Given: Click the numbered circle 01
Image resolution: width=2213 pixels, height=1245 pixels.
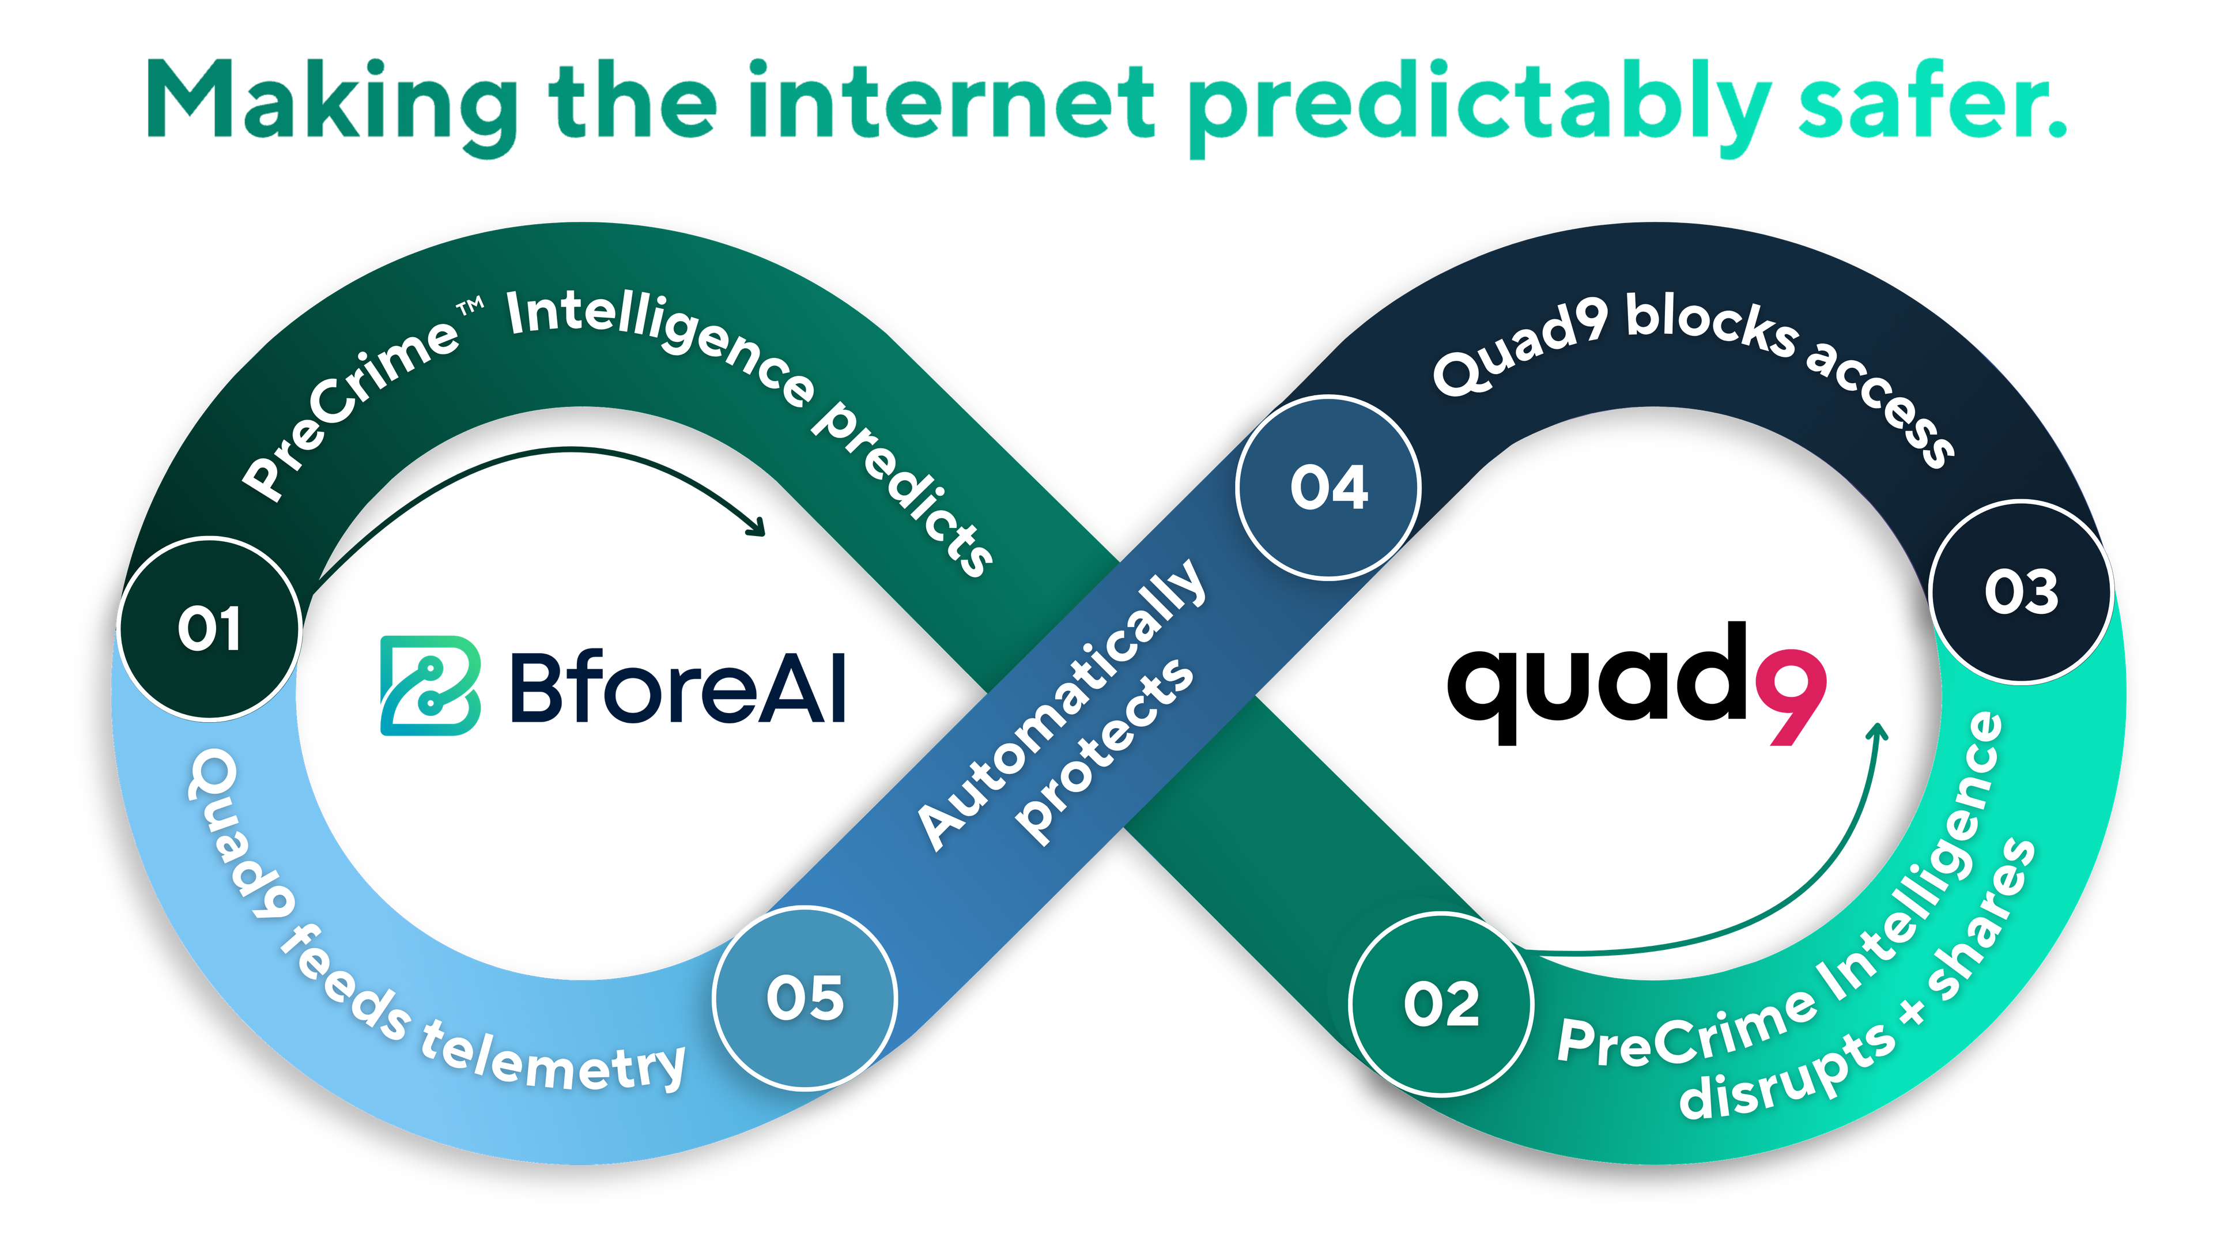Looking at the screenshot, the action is (x=210, y=628).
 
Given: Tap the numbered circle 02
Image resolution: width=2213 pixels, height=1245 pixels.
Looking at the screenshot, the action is (x=1441, y=1003).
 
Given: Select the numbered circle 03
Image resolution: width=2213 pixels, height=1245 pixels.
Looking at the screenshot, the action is (x=2021, y=591).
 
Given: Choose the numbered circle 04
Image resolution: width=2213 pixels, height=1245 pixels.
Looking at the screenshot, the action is (x=1328, y=487).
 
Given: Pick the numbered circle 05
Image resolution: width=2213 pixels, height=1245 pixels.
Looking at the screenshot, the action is (x=805, y=998).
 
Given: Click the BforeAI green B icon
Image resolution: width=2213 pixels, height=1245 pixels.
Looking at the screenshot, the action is (x=429, y=685).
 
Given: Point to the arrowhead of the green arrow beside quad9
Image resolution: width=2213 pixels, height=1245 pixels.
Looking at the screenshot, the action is (x=1878, y=731).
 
